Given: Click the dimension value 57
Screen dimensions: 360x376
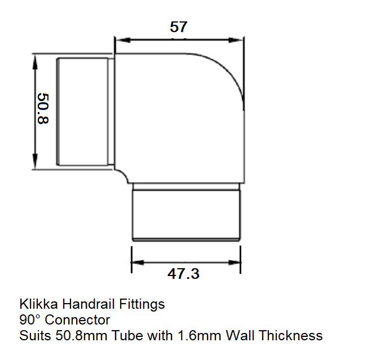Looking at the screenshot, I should [x=178, y=26].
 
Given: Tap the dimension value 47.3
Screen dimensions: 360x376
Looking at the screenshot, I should [x=183, y=274].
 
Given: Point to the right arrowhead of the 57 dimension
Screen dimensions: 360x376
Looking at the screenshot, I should [x=240, y=40].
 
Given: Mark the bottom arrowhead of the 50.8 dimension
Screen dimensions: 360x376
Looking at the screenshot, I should [x=36, y=163].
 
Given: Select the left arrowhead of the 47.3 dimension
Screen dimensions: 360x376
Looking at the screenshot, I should [x=136, y=262].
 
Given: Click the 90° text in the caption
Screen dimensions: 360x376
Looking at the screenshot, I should [x=30, y=320].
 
